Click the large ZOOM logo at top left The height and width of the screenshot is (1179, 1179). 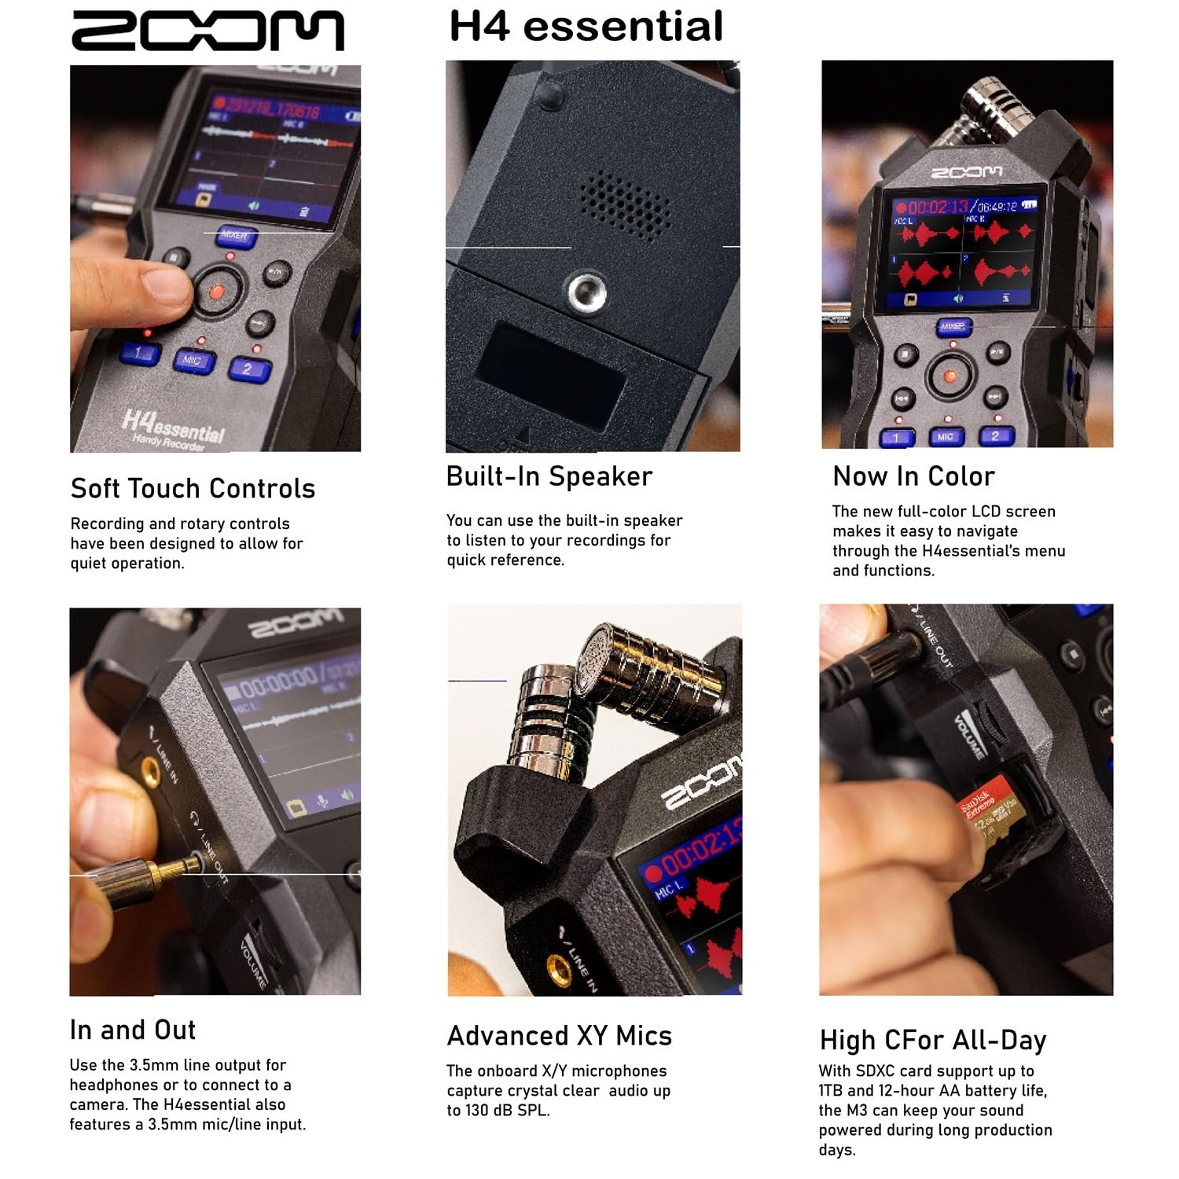(x=208, y=31)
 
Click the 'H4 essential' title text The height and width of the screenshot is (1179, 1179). (x=586, y=26)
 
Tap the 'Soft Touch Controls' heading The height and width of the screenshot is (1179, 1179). (x=193, y=488)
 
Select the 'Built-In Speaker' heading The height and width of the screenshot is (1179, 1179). (x=549, y=476)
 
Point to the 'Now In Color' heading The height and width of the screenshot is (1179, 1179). (x=913, y=476)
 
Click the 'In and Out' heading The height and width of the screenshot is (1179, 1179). (x=133, y=1030)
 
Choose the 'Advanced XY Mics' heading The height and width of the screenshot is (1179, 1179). (x=559, y=1036)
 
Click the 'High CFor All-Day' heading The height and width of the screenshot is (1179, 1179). (x=933, y=1040)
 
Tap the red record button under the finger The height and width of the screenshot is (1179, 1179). (x=216, y=292)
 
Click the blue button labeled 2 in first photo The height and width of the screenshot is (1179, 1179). (x=249, y=369)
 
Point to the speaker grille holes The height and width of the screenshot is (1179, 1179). (x=625, y=206)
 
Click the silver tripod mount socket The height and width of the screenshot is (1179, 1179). (x=587, y=291)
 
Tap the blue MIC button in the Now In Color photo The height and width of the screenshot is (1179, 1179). (x=946, y=436)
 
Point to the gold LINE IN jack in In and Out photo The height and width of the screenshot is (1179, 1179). (x=148, y=769)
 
